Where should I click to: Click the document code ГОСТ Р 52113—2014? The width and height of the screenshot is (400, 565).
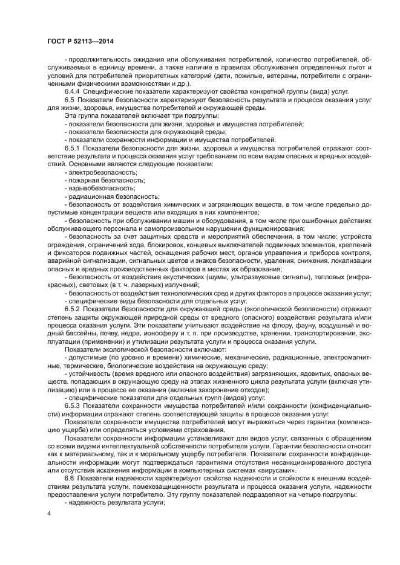point(80,41)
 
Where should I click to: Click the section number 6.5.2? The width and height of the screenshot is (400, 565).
point(75,309)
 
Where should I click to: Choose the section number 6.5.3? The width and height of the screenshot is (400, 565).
point(75,406)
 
